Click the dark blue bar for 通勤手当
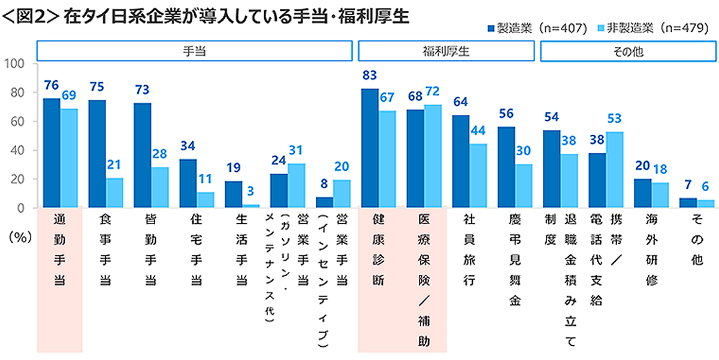point(52,153)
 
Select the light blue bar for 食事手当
point(114,193)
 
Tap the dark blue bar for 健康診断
point(370,148)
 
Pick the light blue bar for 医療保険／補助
point(433,156)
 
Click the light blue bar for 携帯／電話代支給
point(614,170)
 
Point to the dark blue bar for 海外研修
point(642,193)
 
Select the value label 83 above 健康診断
point(370,75)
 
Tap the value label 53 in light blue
point(615,119)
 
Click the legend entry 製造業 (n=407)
point(536,28)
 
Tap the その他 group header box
point(628,51)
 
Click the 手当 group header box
point(194,51)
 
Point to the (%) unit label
point(20,237)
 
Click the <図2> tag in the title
point(28,17)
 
